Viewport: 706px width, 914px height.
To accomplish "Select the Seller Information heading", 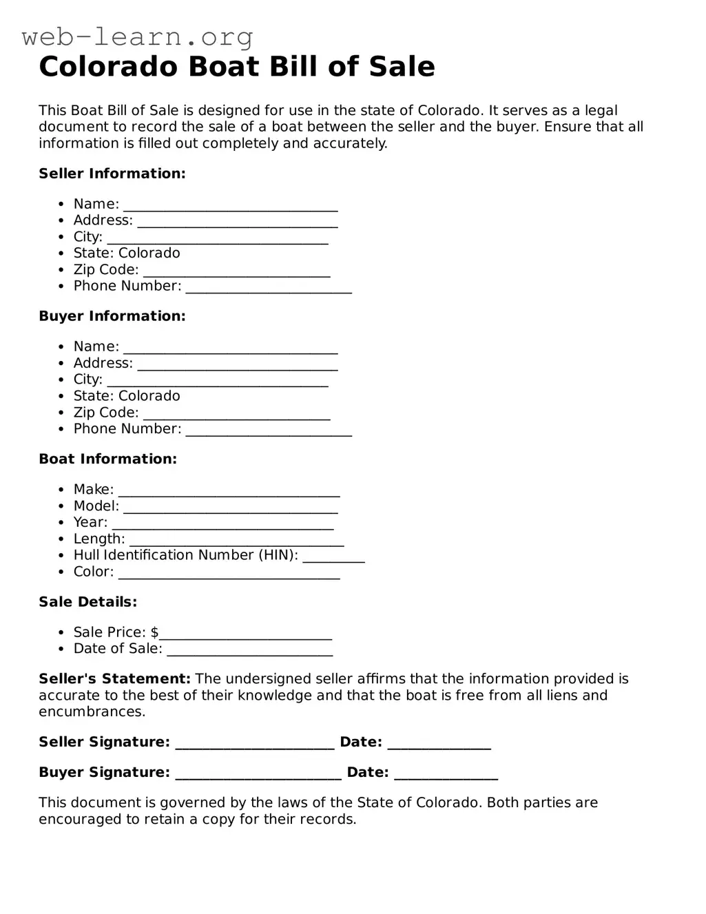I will tap(112, 174).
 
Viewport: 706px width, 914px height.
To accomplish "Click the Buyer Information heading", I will tap(112, 316).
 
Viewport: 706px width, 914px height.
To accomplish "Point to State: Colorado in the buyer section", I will tap(127, 396).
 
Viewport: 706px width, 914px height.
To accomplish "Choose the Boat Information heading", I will tap(108, 459).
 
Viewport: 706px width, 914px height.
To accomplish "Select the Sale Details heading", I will tap(88, 602).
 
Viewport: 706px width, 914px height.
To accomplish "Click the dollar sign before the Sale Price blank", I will tap(155, 632).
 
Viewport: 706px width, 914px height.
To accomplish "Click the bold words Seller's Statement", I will tap(114, 679).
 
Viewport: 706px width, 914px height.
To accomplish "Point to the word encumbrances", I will tap(92, 712).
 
